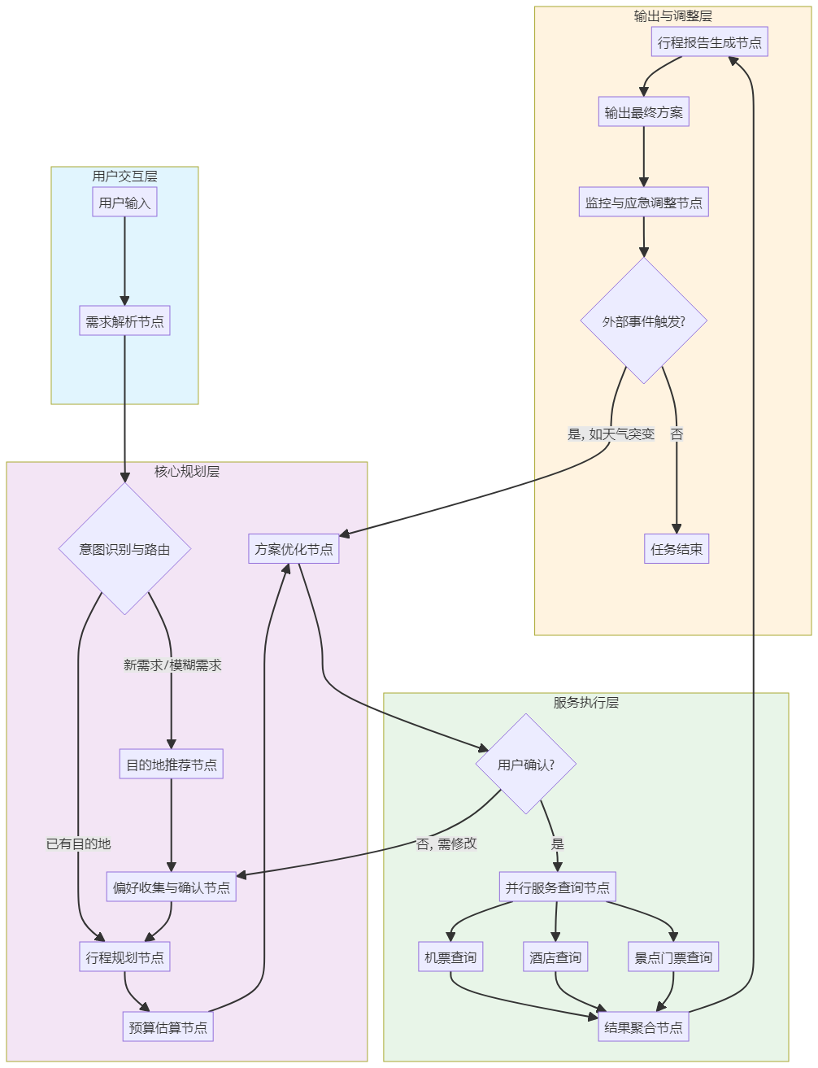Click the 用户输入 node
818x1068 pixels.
124,203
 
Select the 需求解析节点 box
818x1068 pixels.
124,321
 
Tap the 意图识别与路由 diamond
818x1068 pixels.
124,549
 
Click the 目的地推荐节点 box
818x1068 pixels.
171,765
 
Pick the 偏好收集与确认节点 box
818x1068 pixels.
171,887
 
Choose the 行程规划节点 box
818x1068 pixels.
124,957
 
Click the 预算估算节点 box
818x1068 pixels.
168,1027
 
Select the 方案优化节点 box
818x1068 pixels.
294,549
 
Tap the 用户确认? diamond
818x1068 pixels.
526,765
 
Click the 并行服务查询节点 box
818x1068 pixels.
557,887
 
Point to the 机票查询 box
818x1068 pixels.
450,957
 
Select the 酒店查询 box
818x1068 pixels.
555,957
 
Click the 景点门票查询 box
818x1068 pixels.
673,957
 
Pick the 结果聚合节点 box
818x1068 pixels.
642,1027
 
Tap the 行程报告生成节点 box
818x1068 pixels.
710,42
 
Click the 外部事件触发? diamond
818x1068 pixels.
643,321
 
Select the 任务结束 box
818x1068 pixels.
677,549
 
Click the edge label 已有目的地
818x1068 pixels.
78,844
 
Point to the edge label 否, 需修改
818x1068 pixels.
446,844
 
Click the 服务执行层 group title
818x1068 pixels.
585,703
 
